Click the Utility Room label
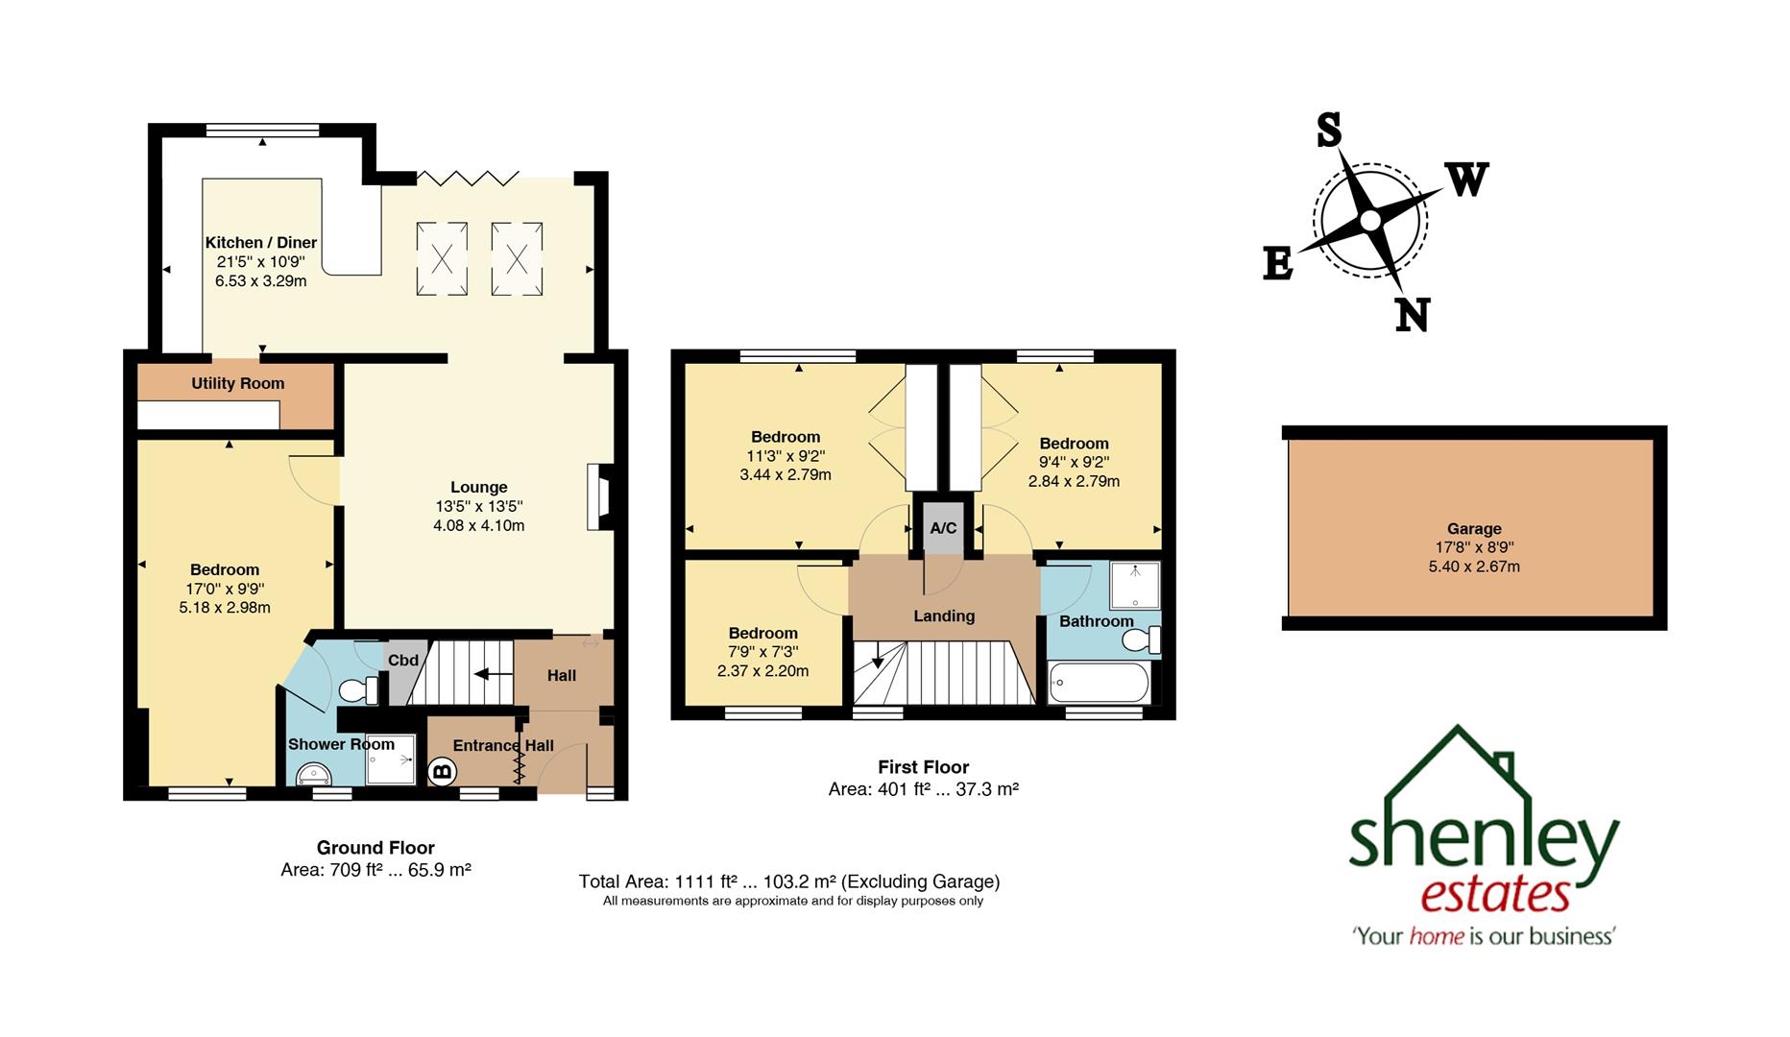[237, 383]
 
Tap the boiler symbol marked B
[442, 770]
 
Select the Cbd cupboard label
[402, 661]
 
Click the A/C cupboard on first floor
[942, 528]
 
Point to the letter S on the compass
[1328, 130]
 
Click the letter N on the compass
[1412, 315]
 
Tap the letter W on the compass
[1466, 180]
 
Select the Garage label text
[1473, 528]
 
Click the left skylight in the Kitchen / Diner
[442, 258]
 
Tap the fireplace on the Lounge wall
[599, 497]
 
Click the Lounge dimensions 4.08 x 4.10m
[478, 525]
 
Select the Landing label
[943, 615]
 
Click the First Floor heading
[923, 766]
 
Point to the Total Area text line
[788, 880]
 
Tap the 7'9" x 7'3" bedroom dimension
[762, 652]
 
